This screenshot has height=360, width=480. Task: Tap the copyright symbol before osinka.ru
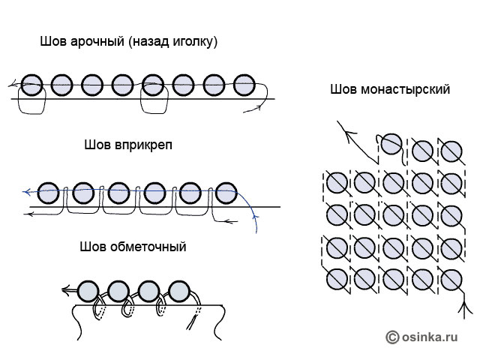(392, 338)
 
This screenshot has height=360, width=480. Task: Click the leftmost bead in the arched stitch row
(31, 85)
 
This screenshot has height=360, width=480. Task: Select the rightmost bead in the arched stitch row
(244, 85)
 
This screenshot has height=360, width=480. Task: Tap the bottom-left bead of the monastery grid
(337, 277)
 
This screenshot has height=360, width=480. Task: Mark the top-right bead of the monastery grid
(450, 150)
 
